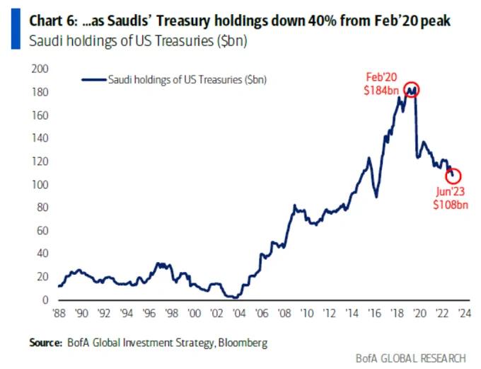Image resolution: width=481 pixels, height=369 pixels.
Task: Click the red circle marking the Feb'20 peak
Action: (412, 89)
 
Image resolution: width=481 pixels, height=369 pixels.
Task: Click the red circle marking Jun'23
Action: (453, 176)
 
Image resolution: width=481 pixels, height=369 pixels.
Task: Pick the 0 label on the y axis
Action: (45, 300)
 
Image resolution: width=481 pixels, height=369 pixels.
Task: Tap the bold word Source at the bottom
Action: (45, 343)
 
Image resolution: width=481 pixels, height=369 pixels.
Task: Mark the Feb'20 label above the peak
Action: (383, 76)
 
